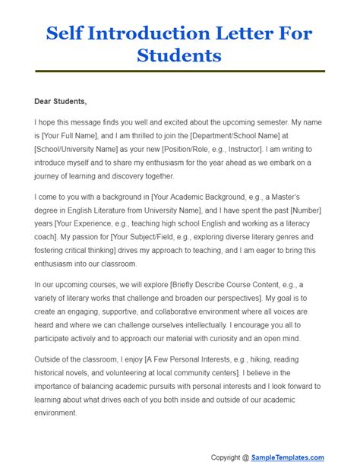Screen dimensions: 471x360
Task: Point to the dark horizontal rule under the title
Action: tap(180, 71)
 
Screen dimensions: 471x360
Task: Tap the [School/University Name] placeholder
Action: tap(79, 147)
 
